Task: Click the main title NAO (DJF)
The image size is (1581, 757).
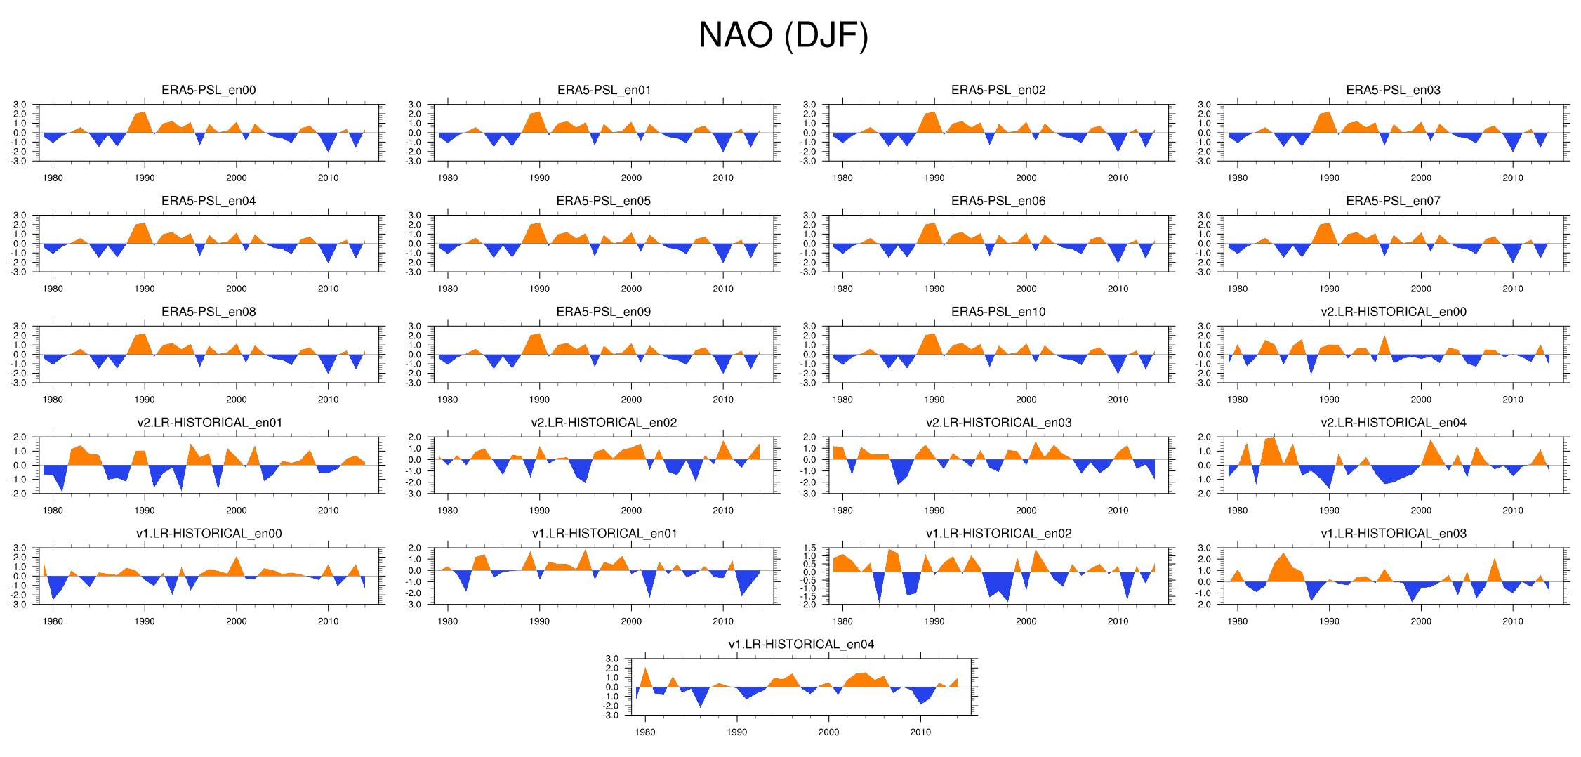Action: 783,35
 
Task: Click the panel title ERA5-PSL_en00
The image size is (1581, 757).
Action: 209,90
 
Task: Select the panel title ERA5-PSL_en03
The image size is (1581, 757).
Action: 1393,90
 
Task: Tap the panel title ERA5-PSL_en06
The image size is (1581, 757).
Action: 998,201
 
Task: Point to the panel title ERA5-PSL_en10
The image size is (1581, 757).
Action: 998,312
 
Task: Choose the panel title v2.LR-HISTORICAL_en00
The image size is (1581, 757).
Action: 1393,312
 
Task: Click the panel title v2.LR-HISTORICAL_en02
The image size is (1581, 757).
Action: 604,423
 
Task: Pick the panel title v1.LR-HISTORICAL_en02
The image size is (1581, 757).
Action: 998,534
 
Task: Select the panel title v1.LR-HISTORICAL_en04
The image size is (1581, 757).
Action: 801,645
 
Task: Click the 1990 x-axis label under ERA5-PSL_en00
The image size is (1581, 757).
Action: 145,178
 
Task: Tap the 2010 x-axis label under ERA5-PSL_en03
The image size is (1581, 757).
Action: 1513,178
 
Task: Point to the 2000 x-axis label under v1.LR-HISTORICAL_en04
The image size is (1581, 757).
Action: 828,732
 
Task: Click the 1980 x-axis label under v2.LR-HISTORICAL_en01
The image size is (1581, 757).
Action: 53,511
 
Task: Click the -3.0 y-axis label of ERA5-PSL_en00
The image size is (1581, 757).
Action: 20,162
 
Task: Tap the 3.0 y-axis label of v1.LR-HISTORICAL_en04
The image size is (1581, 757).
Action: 612,659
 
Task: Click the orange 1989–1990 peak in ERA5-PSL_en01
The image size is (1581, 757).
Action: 537,121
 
